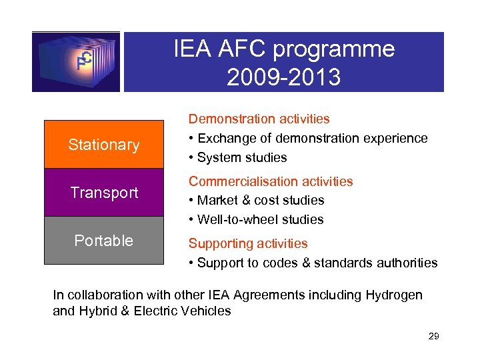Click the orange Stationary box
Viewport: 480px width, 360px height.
click(x=103, y=145)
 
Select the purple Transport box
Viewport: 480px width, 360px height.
click(x=103, y=193)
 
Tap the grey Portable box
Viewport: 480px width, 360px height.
click(x=103, y=241)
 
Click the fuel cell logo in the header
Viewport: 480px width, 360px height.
click(x=76, y=61)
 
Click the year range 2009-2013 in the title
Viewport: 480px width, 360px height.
click(x=283, y=77)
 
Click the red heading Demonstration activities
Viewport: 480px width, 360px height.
click(x=259, y=119)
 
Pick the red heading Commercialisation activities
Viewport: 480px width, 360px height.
click(x=271, y=181)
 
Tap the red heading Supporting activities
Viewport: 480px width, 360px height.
click(x=248, y=243)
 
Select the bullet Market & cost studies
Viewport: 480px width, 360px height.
click(x=261, y=200)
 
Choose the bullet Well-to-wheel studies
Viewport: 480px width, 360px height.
click(x=261, y=219)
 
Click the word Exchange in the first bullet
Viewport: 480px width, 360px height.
click(x=224, y=138)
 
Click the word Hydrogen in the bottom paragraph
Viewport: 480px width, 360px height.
click(x=395, y=295)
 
